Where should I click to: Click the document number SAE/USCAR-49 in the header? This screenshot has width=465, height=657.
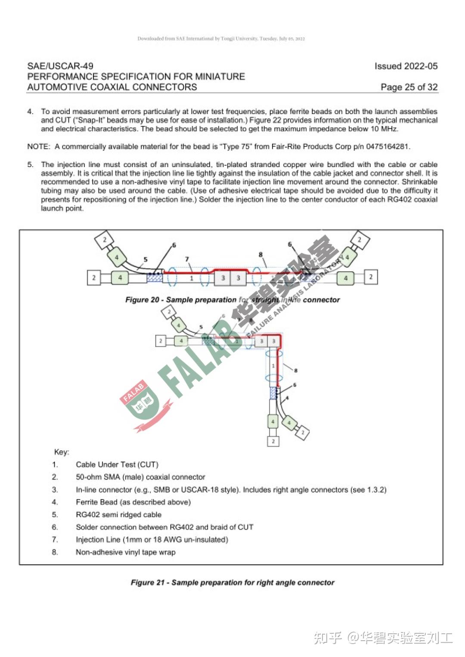click(60, 66)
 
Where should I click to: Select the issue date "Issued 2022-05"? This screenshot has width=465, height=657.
click(406, 66)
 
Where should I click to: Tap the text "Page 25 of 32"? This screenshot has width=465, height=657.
click(409, 87)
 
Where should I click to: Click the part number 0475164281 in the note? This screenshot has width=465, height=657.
click(387, 146)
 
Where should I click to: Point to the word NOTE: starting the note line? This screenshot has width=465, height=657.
click(38, 146)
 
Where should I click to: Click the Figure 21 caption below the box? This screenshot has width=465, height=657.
click(232, 583)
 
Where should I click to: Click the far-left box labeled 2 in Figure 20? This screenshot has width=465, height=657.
click(94, 278)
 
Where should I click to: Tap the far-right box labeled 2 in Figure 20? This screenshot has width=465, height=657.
click(371, 277)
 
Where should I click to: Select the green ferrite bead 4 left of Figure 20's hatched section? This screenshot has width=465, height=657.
click(120, 278)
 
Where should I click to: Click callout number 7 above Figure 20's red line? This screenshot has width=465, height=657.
click(187, 259)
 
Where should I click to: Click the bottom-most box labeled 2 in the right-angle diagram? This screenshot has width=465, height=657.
click(273, 441)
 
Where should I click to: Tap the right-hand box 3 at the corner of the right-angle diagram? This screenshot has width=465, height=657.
click(273, 341)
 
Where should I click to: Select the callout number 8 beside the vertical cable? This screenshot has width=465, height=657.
click(296, 370)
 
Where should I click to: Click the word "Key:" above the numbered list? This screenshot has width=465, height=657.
click(62, 452)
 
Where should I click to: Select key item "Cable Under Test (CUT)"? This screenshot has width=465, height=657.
click(117, 465)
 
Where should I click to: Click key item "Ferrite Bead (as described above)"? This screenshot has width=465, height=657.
click(133, 502)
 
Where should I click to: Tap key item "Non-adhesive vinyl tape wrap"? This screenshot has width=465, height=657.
click(125, 552)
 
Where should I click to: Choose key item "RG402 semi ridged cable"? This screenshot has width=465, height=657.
click(118, 514)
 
